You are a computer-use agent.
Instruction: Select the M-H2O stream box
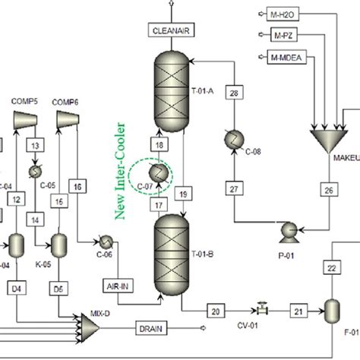(286, 14)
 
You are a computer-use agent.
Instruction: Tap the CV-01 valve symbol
(264, 309)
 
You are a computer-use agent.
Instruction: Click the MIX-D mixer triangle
(90, 327)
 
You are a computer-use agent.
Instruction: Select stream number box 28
(234, 93)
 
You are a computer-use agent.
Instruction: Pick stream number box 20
(216, 311)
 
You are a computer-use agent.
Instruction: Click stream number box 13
(35, 145)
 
